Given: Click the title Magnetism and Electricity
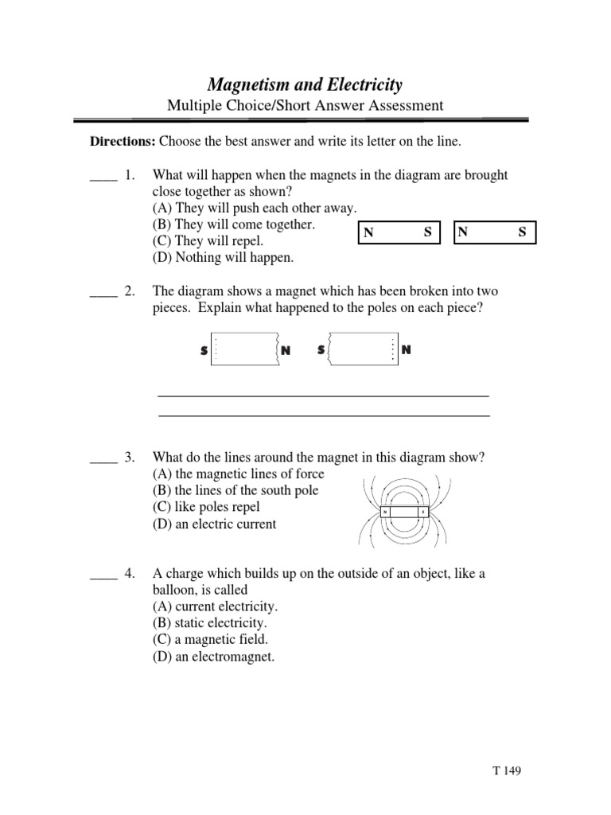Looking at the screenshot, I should pyautogui.click(x=305, y=84).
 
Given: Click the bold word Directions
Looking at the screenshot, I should pyautogui.click(x=123, y=142).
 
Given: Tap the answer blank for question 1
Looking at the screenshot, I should pyautogui.click(x=103, y=177).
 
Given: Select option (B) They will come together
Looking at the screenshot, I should pyautogui.click(x=234, y=225).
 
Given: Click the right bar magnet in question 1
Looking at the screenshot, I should pyautogui.click(x=495, y=232).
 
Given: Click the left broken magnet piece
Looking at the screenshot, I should pyautogui.click(x=245, y=350).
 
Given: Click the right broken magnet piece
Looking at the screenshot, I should pyautogui.click(x=363, y=350).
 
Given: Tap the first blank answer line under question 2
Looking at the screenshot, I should pyautogui.click(x=324, y=395).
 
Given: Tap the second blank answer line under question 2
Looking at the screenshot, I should pyautogui.click(x=324, y=415).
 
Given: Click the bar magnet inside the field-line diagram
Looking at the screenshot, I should pyautogui.click(x=404, y=512).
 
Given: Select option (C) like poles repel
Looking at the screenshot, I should pyautogui.click(x=206, y=507).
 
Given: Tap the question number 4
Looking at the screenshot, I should pyautogui.click(x=130, y=574).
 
